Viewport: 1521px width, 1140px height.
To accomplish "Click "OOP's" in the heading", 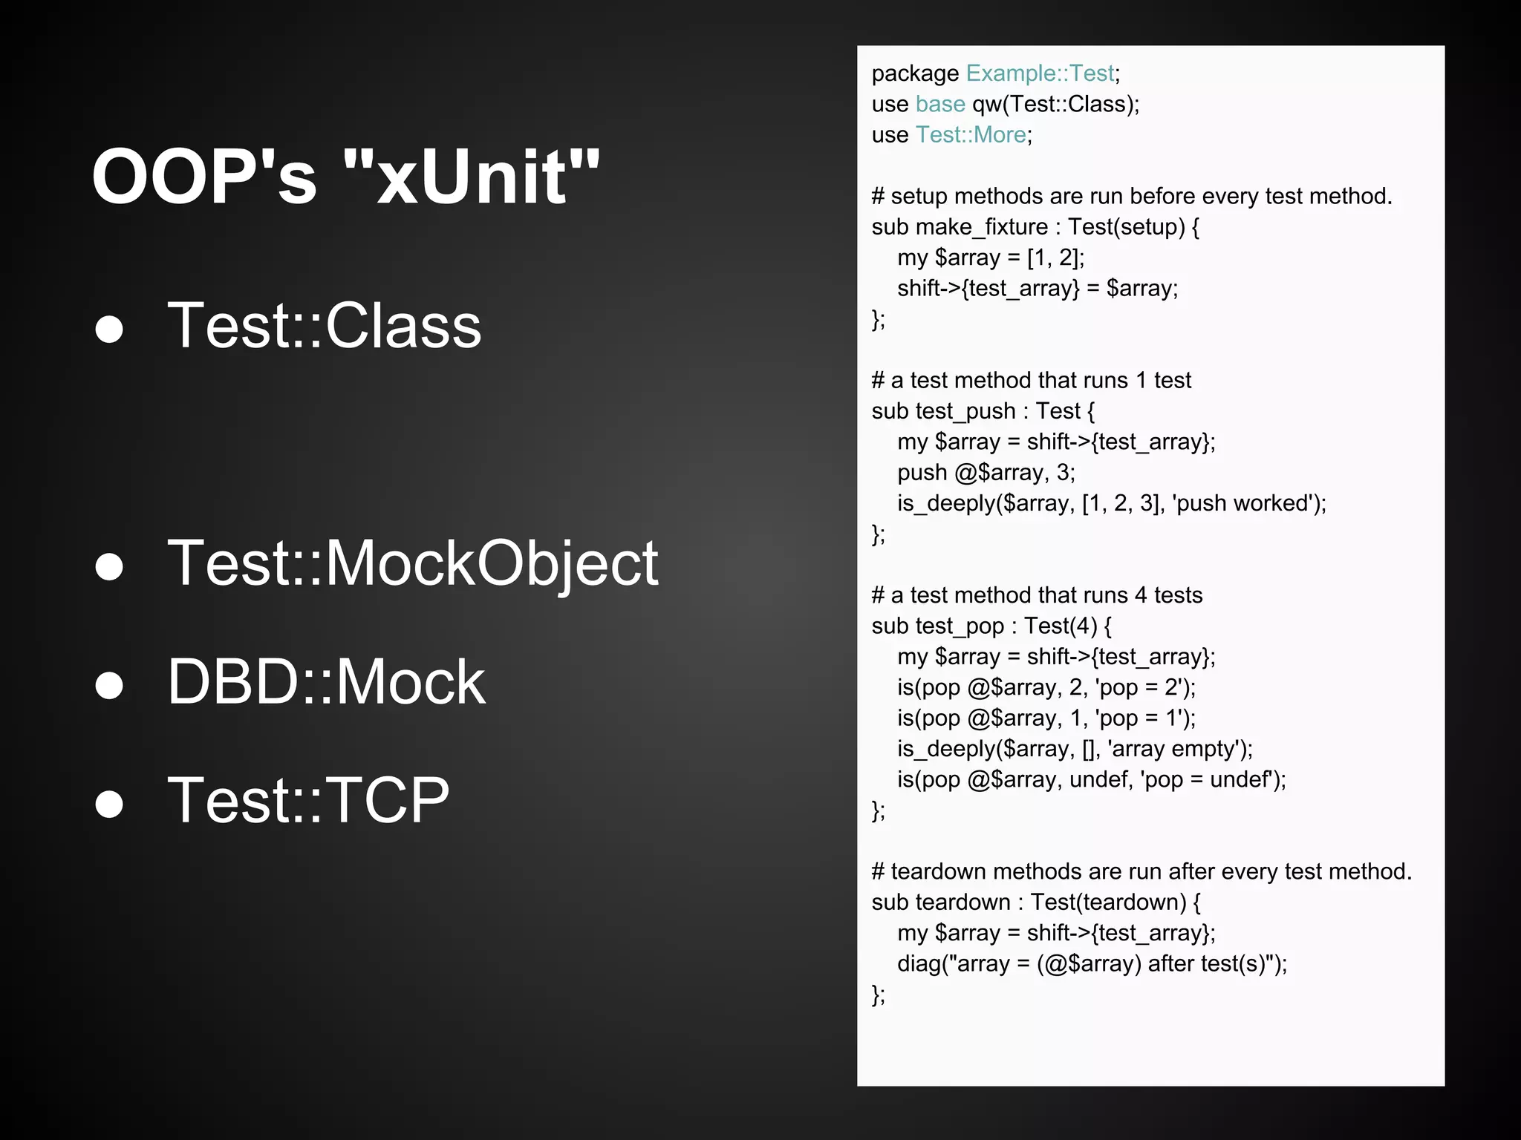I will [x=204, y=178].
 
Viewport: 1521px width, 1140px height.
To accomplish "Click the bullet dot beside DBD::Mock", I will [x=109, y=684].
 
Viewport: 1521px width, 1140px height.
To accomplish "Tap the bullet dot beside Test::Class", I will [x=109, y=328].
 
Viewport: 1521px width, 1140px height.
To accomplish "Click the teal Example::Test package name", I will [x=1040, y=73].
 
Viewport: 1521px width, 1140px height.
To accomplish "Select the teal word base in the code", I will [x=940, y=104].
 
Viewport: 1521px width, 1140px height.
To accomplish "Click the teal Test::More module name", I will [x=971, y=135].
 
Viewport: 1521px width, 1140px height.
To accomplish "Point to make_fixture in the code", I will [x=981, y=227].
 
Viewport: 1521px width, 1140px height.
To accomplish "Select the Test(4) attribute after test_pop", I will [x=1060, y=626].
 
